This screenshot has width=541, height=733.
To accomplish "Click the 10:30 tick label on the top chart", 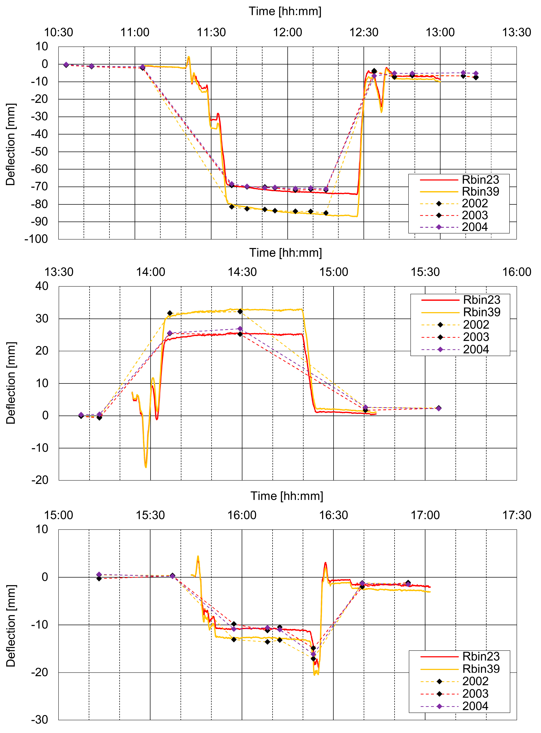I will (59, 32).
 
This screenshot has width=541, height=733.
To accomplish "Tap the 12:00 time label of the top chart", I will (288, 32).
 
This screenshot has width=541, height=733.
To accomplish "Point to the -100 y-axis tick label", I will (36, 239).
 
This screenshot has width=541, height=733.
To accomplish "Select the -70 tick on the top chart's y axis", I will (39, 187).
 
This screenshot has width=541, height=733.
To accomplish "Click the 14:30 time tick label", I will (242, 272).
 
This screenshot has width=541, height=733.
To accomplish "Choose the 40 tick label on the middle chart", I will (42, 286).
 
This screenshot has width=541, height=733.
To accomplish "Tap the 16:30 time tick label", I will (333, 515).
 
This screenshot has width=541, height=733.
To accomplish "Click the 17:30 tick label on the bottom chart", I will (516, 515).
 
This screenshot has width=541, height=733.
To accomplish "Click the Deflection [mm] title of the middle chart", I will (11, 383).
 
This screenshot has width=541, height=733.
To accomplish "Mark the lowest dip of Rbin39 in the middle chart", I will (146, 467).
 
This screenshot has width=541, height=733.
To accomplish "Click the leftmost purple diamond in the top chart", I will (66, 65).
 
